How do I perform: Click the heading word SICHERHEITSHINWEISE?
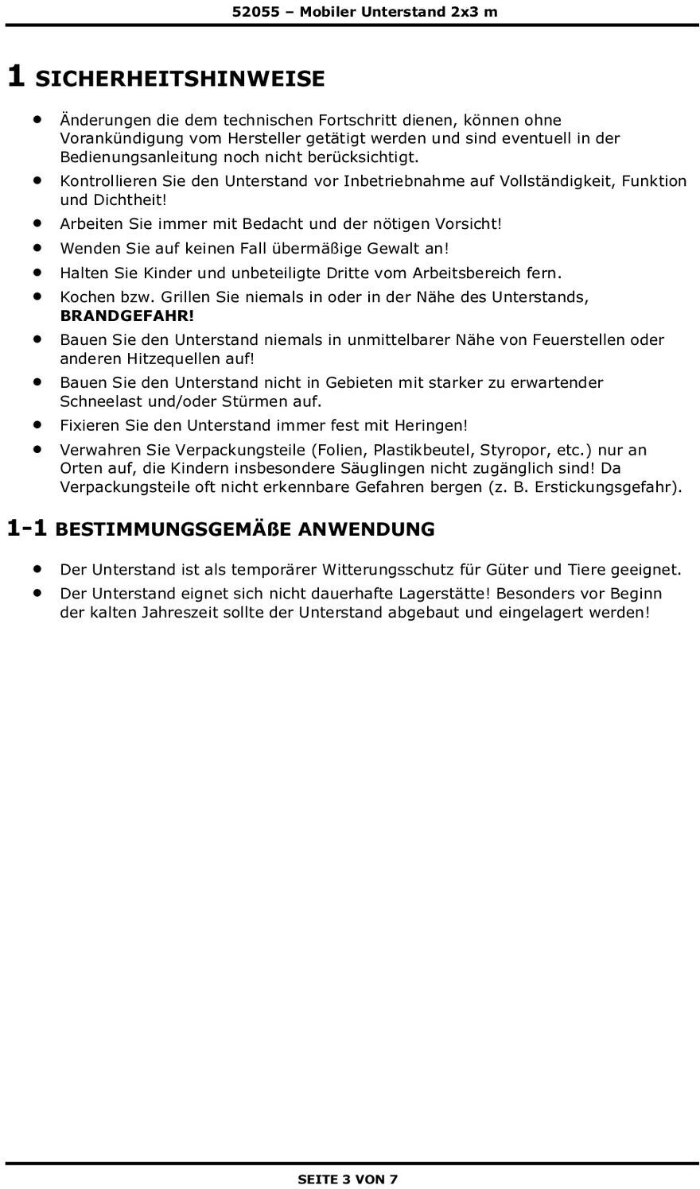pos(181,79)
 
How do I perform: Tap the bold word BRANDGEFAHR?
pos(127,316)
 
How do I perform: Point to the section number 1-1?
pos(29,528)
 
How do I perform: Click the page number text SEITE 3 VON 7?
pos(348,1179)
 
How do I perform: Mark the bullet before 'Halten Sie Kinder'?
pos(37,273)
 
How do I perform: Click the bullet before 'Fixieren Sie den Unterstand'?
pos(37,424)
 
